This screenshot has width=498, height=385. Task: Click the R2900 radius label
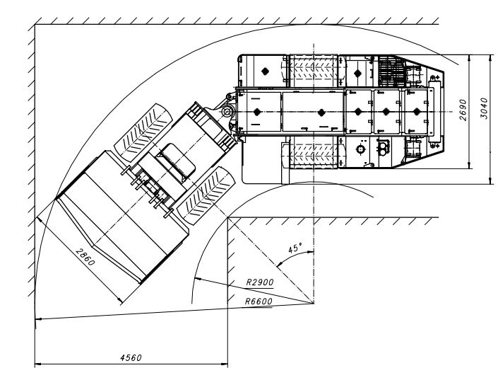tap(260, 282)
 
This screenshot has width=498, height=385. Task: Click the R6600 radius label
tap(259, 301)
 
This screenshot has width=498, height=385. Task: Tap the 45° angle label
tap(295, 248)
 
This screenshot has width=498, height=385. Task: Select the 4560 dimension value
tap(131, 357)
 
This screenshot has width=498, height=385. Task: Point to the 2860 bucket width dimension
tap(85, 257)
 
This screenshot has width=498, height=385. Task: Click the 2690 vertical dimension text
tap(463, 110)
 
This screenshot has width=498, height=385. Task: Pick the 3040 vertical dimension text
tap(483, 108)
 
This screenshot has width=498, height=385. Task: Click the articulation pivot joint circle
tap(227, 111)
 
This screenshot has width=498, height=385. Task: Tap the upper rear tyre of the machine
tap(314, 71)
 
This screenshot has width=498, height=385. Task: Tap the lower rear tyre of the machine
tap(314, 152)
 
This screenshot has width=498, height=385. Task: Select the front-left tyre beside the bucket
tap(142, 132)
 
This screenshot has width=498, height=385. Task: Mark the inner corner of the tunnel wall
tap(227, 218)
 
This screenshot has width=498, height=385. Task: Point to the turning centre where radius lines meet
tap(314, 304)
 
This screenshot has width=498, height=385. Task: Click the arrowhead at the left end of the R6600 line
tap(38, 318)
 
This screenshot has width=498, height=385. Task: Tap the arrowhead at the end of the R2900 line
tap(198, 279)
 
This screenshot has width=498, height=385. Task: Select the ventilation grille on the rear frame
tap(391, 71)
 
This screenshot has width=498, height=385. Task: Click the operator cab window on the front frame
tap(175, 161)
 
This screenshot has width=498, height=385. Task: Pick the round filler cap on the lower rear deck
tap(360, 149)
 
